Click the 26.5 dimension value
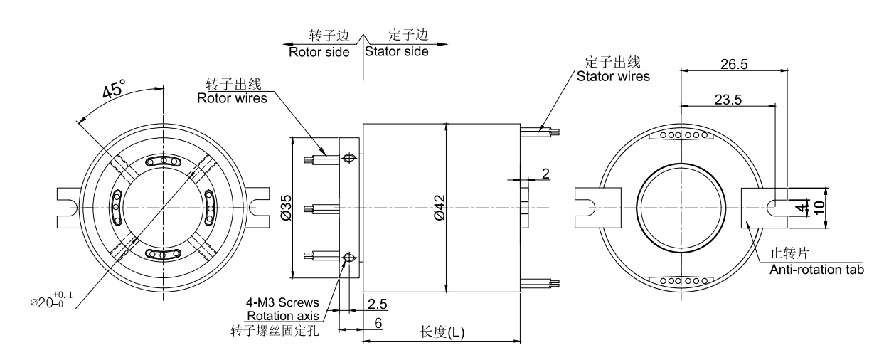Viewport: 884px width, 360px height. (733, 64)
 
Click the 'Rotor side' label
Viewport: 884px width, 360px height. (319, 52)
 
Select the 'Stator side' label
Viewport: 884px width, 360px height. (397, 52)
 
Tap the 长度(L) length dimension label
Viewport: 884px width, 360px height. (442, 332)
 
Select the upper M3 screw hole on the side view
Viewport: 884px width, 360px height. (348, 158)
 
